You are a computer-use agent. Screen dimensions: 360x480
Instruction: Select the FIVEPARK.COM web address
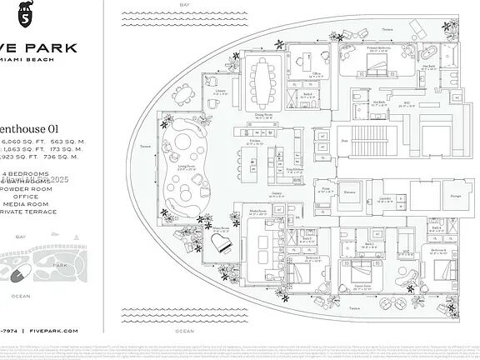[x=55, y=331]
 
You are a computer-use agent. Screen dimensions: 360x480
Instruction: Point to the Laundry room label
[x=385, y=197]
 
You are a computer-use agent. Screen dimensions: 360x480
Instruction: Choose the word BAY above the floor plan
[x=185, y=5]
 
